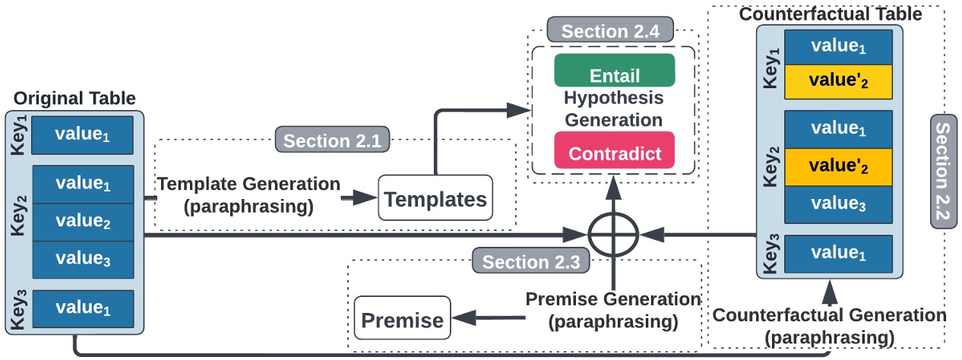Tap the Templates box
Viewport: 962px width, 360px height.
(x=435, y=199)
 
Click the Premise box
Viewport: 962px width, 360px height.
(x=402, y=320)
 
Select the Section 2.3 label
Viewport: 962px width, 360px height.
(x=531, y=262)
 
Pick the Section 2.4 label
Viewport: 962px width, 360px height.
(x=610, y=31)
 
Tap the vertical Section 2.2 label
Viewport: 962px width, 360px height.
(x=943, y=172)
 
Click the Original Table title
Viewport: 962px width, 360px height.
(x=75, y=99)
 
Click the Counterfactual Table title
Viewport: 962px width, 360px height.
(x=830, y=14)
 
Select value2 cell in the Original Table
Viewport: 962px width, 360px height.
(x=83, y=221)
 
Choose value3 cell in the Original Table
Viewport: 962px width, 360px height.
(x=83, y=259)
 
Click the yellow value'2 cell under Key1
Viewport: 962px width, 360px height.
(x=839, y=81)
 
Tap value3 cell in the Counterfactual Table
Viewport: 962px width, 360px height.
(x=839, y=204)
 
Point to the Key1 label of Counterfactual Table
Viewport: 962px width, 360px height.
(x=771, y=65)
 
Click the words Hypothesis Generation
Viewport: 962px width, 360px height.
(x=613, y=109)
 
